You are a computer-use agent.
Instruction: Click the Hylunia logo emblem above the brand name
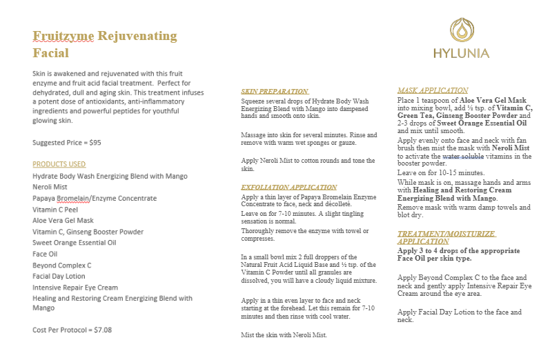point(462,30)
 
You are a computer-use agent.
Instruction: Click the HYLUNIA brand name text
point(462,54)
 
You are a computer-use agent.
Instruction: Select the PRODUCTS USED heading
point(59,164)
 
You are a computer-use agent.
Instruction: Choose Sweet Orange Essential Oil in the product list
point(75,242)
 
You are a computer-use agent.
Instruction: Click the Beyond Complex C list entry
point(62,265)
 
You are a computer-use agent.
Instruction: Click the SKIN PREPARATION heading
point(274,91)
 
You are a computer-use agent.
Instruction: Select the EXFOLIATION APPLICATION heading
point(288,187)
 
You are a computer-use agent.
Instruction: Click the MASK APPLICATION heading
point(433,90)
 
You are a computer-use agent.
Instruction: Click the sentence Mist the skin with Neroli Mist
point(284,335)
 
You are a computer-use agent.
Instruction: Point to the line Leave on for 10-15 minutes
point(441,172)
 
